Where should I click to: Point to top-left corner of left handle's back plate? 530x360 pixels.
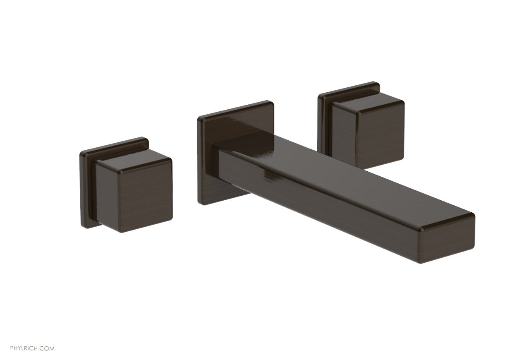(82, 153)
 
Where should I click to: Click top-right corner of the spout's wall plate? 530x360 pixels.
(272, 103)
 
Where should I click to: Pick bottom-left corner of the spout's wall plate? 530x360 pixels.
(202, 204)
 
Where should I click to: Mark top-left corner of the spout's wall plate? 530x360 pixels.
(199, 118)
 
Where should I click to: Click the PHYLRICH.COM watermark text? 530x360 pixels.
(28, 348)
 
